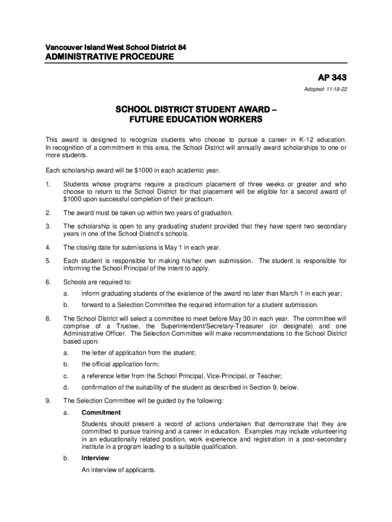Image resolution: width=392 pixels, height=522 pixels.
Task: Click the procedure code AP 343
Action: point(332,78)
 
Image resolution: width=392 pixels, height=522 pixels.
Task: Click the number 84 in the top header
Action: point(182,47)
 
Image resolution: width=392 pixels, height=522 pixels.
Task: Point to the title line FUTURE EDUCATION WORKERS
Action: point(196,120)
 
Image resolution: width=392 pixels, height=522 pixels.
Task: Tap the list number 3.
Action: point(48,226)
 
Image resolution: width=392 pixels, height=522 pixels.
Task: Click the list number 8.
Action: point(48,318)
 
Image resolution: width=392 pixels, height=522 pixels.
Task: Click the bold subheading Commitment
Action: point(101,412)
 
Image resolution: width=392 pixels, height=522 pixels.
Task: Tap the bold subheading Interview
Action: point(95,458)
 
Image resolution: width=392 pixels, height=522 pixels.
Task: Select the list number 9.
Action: point(48,401)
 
